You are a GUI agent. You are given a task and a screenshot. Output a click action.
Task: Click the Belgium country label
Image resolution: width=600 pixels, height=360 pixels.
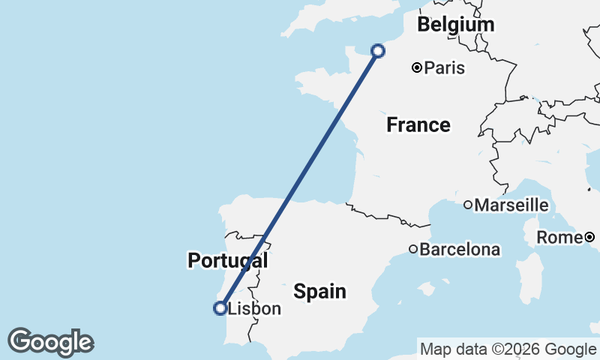[456, 24]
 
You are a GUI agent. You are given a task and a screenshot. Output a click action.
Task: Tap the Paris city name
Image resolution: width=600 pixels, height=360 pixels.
[444, 68]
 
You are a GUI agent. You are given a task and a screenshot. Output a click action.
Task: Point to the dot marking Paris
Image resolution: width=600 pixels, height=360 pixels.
[417, 68]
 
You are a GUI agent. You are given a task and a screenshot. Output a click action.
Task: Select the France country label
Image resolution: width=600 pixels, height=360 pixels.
[418, 124]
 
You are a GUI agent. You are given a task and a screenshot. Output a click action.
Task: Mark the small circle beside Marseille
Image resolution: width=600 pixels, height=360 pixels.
[467, 205]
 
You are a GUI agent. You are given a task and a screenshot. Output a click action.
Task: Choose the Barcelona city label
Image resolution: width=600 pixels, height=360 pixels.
[460, 249]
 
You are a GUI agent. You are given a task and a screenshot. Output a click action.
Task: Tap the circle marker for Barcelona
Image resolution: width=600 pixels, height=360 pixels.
[413, 249]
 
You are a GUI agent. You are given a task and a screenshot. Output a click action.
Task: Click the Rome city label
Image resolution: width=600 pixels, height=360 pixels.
[559, 238]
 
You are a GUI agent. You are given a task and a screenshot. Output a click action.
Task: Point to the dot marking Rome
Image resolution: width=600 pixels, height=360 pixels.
[589, 238]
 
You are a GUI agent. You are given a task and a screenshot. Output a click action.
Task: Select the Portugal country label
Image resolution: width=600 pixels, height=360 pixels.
[227, 260]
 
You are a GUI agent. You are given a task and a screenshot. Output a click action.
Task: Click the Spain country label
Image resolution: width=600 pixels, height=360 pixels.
[319, 291]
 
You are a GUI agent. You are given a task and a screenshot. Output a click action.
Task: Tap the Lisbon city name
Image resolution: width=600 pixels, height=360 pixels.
[254, 308]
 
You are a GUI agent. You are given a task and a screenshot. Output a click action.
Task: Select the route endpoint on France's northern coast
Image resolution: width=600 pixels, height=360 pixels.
[378, 51]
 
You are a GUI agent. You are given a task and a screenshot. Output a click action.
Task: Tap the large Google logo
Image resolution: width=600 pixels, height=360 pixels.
[50, 342]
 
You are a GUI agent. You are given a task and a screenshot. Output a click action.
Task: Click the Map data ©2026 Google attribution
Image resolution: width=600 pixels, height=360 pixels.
[508, 349]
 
